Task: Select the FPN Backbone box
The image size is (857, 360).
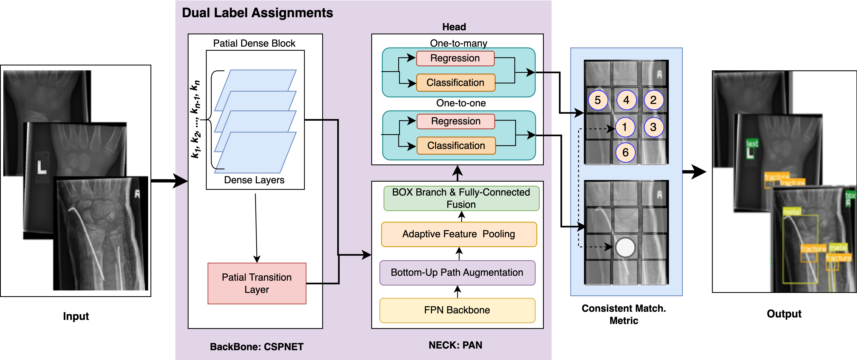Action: [457, 310]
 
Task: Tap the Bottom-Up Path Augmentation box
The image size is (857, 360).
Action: [457, 272]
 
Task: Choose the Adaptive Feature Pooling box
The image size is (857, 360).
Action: [459, 234]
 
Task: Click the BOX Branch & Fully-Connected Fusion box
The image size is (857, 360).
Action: [461, 198]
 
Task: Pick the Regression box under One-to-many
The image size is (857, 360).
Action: [455, 58]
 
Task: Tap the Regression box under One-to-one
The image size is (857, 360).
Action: [456, 121]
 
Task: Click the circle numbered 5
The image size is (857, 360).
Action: [598, 100]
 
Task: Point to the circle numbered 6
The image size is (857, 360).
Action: [625, 152]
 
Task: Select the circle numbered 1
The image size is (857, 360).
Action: [625, 127]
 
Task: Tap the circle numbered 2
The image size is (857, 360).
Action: [653, 100]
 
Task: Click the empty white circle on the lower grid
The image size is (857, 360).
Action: [625, 248]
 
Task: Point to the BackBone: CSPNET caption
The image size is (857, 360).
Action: [257, 347]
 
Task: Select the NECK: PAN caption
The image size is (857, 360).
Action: [455, 345]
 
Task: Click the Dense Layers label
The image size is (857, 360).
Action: [254, 180]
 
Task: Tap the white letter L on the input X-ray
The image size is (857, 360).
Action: [42, 167]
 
